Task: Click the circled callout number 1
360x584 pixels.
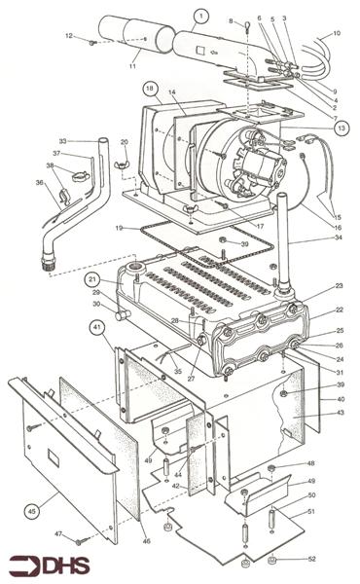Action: (201, 16)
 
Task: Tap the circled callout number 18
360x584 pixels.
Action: (151, 89)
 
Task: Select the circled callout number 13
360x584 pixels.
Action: (341, 128)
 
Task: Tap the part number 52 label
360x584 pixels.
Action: (310, 562)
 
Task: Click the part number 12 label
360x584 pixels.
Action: (69, 36)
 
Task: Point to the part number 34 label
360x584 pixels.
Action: (310, 238)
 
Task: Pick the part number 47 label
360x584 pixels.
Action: (56, 534)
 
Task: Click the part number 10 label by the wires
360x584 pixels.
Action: (337, 34)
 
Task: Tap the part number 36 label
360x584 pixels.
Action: (40, 182)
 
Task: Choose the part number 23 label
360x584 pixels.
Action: (312, 286)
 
